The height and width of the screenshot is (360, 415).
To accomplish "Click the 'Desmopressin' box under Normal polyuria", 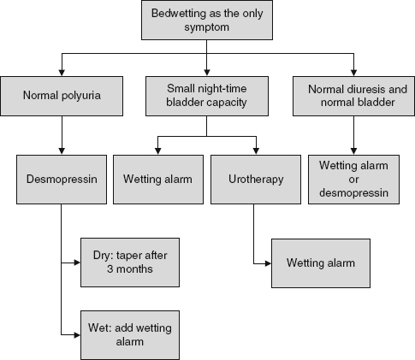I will pyautogui.click(x=61, y=180).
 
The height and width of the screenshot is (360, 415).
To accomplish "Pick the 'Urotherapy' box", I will pyautogui.click(x=254, y=180).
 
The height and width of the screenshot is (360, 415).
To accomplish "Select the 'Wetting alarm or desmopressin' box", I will pyautogui.click(x=353, y=180).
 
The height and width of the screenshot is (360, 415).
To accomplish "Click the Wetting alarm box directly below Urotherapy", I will pyautogui.click(x=320, y=263).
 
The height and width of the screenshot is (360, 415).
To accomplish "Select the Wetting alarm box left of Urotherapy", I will pyautogui.click(x=157, y=180).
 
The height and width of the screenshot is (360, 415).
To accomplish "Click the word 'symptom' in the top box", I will pyautogui.click(x=207, y=29).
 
